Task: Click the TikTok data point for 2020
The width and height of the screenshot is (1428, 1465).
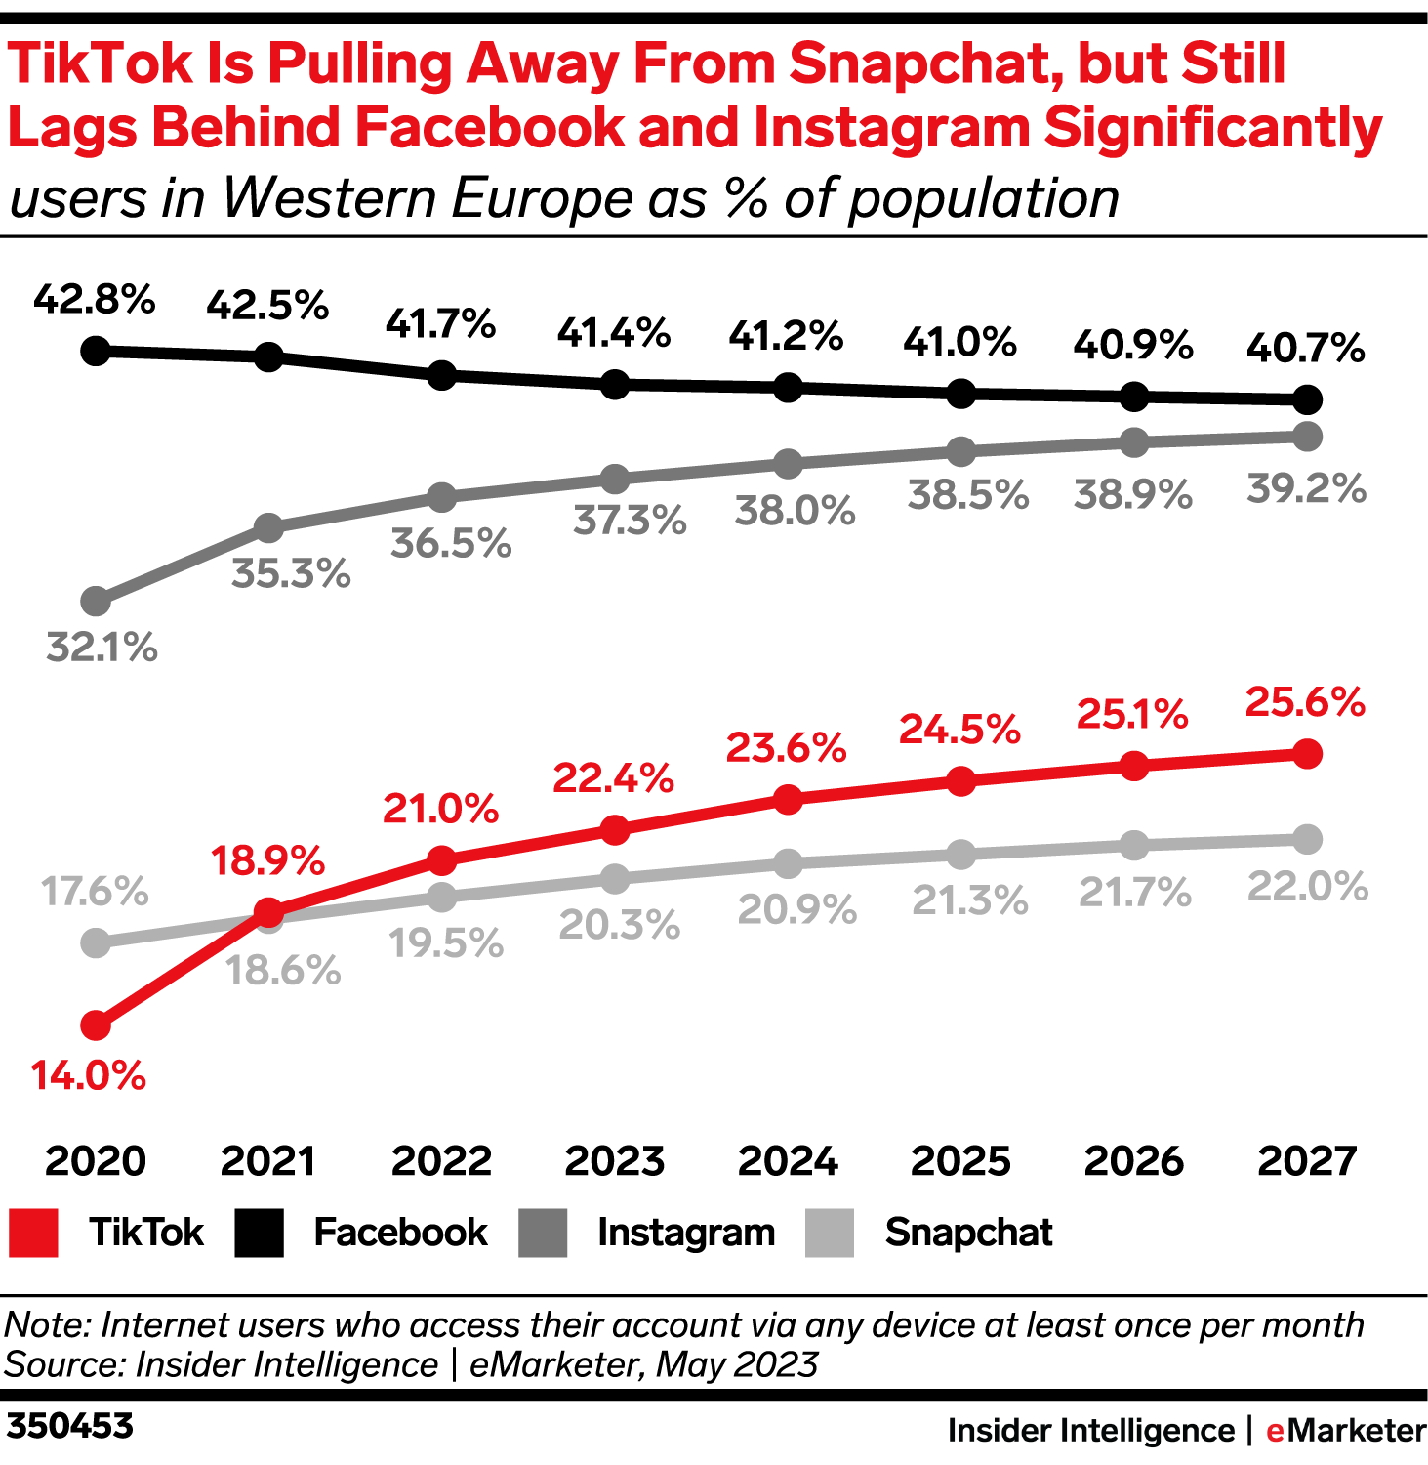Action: [x=96, y=1025]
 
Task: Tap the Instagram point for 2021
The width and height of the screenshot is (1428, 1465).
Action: [x=268, y=528]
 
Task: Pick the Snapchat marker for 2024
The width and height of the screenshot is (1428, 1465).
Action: [x=788, y=863]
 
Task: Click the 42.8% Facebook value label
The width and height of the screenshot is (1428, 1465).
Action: [x=95, y=299]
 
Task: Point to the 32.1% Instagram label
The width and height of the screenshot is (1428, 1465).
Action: [x=102, y=647]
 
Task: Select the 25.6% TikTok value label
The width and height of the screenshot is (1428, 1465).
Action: [x=1305, y=702]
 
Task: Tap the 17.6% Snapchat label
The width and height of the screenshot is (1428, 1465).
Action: [x=95, y=891]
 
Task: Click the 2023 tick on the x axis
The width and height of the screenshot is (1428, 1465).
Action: [x=615, y=1161]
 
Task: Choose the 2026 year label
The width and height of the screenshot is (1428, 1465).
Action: [x=1134, y=1161]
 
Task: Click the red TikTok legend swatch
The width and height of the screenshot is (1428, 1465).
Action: [x=33, y=1233]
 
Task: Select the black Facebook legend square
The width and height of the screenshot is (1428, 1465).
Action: [x=260, y=1233]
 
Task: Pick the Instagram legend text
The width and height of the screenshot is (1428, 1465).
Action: [x=686, y=1233]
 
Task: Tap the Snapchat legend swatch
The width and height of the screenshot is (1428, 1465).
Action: [x=830, y=1233]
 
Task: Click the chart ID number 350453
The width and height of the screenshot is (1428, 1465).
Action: [x=68, y=1426]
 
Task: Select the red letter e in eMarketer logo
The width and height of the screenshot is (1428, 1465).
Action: [x=1274, y=1431]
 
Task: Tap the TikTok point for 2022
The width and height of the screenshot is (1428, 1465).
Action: [x=442, y=860]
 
